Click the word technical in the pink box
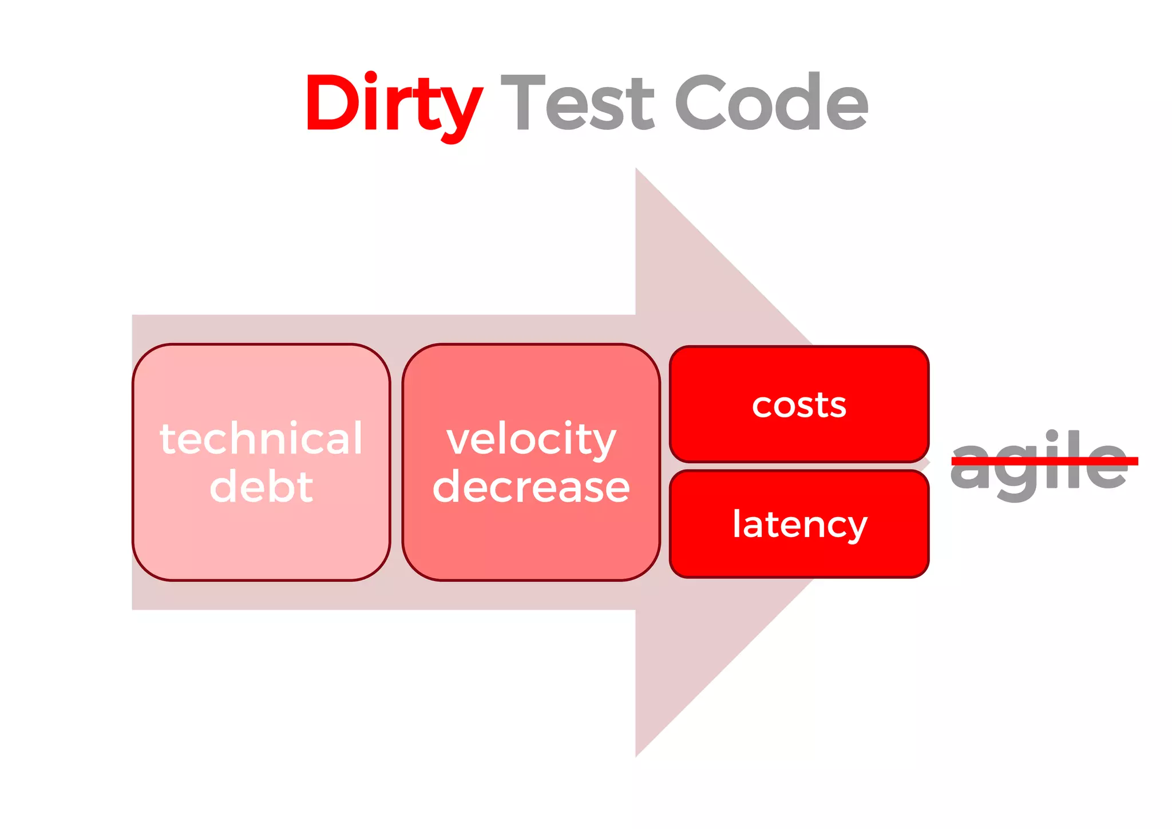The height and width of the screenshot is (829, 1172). [262, 439]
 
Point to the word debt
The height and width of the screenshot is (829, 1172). [262, 487]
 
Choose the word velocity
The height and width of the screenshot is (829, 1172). [531, 440]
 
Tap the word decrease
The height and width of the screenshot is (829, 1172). [531, 487]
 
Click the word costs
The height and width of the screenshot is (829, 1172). [799, 405]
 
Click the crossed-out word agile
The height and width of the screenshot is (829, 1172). [1038, 461]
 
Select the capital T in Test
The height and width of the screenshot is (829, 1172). [522, 103]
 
